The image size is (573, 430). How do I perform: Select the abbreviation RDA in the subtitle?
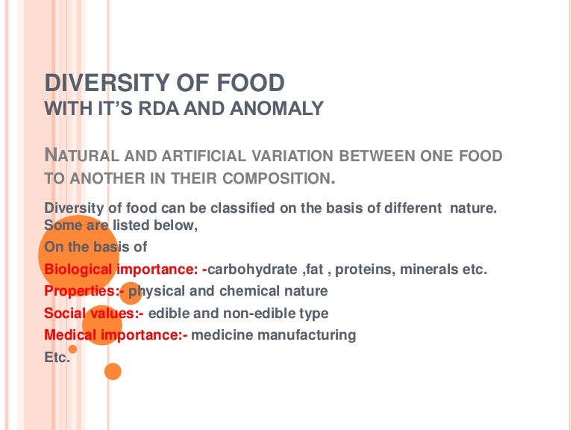pyautogui.click(x=162, y=109)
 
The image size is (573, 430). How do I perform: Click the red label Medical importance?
pyautogui.click(x=116, y=335)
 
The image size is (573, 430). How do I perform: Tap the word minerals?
pyautogui.click(x=430, y=269)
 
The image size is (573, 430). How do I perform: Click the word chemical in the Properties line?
pyautogui.click(x=253, y=291)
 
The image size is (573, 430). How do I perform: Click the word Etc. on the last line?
pyautogui.click(x=57, y=358)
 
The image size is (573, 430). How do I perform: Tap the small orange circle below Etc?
pyautogui.click(x=113, y=371)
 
